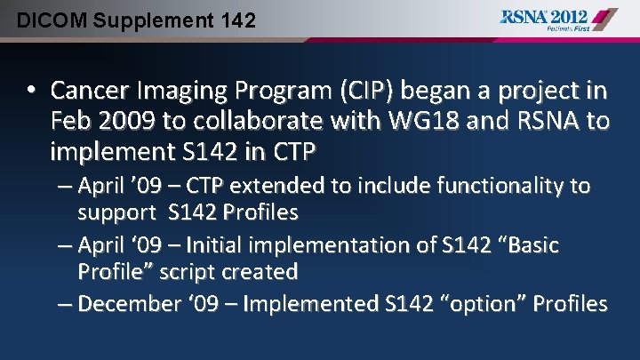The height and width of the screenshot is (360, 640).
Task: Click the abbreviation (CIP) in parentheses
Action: point(368,91)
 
